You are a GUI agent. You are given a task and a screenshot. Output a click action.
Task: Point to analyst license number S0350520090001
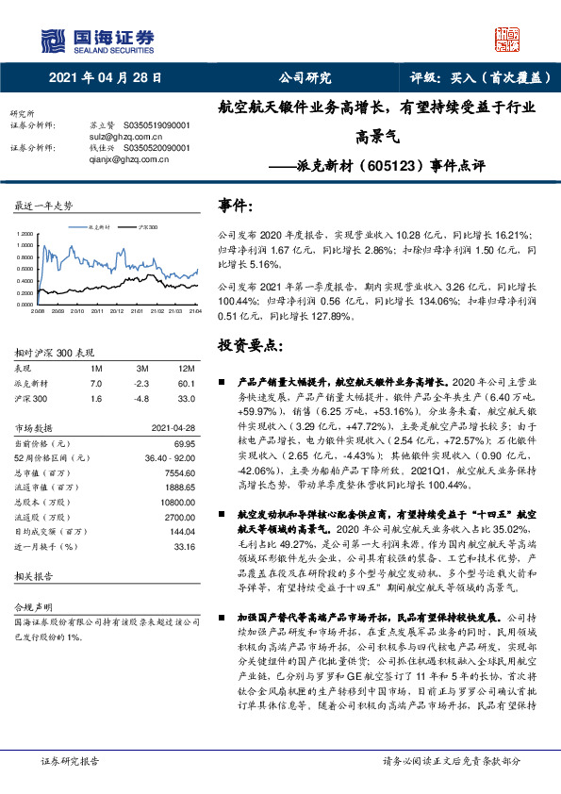click(x=156, y=148)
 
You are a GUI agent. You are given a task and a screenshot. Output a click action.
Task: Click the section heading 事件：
click(x=235, y=206)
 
